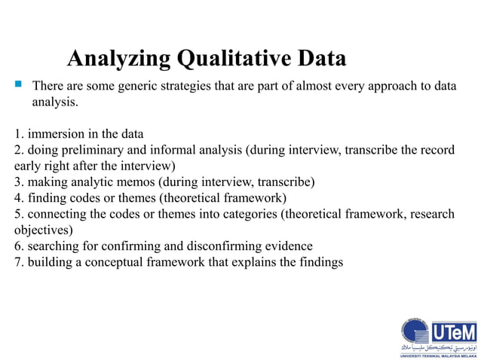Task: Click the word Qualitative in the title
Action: pyautogui.click(x=230, y=59)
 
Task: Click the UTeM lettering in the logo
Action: pyautogui.click(x=453, y=332)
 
